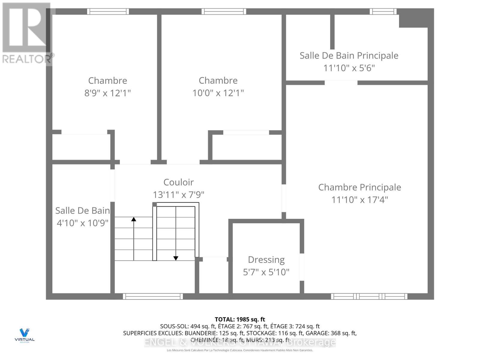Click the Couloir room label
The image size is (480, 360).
click(x=178, y=182)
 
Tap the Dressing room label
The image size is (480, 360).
click(x=266, y=259)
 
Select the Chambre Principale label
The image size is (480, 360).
click(x=359, y=187)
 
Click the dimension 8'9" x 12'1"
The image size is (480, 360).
click(x=107, y=93)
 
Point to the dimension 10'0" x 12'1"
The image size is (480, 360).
click(x=218, y=93)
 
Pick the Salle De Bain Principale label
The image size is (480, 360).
click(x=349, y=55)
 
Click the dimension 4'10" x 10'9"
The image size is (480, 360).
click(x=82, y=223)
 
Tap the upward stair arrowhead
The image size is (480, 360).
click(x=133, y=219)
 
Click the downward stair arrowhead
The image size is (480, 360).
click(x=176, y=258)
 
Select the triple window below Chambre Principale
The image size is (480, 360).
click(x=369, y=296)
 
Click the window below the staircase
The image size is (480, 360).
click(x=153, y=296)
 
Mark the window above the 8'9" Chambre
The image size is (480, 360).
click(x=108, y=11)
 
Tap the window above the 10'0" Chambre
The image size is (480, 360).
click(x=224, y=11)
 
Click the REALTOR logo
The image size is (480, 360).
click(x=27, y=33)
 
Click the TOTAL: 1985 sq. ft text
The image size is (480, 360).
click(x=240, y=319)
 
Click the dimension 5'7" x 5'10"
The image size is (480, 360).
click(x=266, y=272)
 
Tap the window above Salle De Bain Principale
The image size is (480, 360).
click(x=383, y=11)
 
